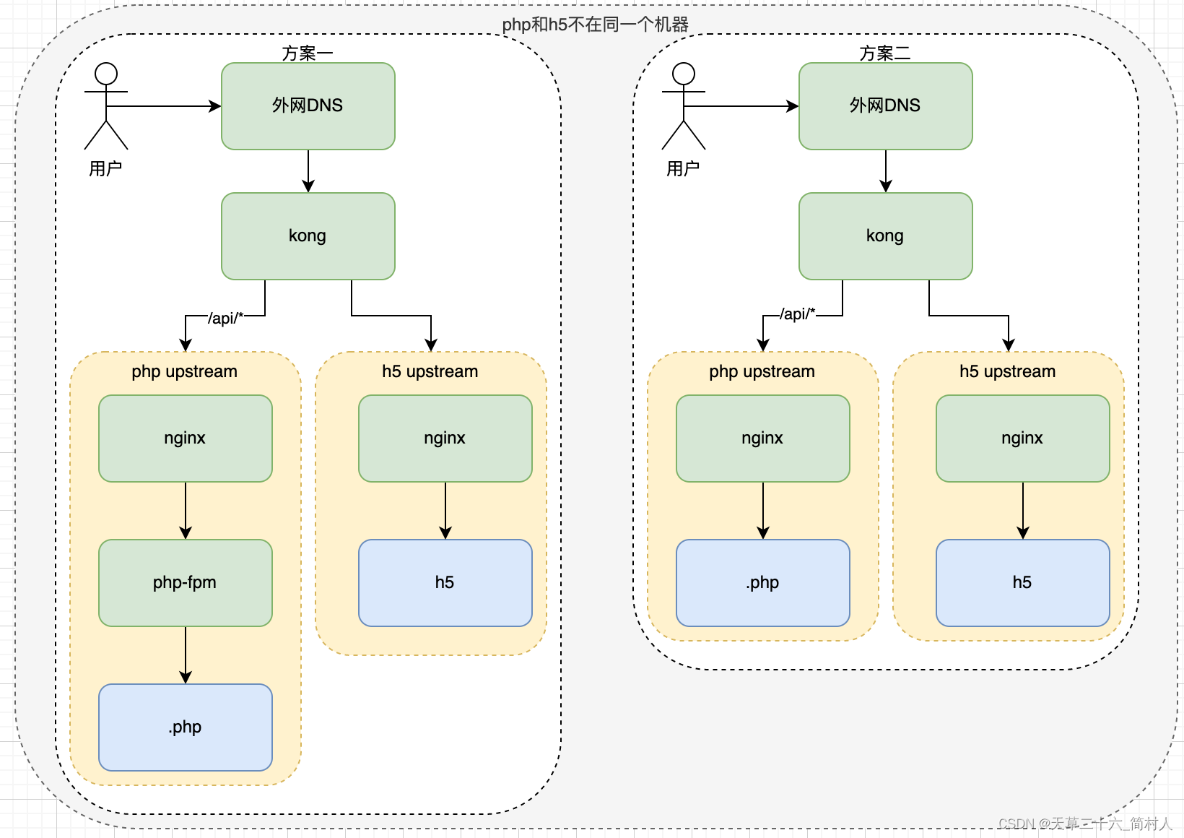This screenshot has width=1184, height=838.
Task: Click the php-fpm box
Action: (x=185, y=582)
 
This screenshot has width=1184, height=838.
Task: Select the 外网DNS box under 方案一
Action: (x=308, y=105)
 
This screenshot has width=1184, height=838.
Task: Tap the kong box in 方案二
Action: (x=885, y=236)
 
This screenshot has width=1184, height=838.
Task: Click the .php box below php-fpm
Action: (x=185, y=727)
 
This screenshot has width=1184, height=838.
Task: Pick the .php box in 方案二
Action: (x=762, y=582)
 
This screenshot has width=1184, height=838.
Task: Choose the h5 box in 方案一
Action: (x=445, y=582)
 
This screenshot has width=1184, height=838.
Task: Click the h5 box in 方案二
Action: (x=1022, y=582)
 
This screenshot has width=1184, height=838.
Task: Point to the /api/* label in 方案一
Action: (x=226, y=318)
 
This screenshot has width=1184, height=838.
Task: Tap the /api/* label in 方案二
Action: (x=798, y=314)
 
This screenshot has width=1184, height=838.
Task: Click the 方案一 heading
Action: (x=308, y=53)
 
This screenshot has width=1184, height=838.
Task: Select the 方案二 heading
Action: (x=885, y=53)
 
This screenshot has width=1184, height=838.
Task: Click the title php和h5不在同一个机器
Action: (x=595, y=25)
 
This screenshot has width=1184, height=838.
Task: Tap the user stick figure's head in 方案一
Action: (x=106, y=74)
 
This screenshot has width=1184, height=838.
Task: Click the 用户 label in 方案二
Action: (x=683, y=169)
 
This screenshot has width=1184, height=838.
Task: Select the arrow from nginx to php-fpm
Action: (x=186, y=510)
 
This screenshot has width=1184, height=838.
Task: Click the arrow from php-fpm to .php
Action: (x=186, y=655)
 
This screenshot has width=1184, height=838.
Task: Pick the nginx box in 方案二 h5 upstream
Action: (x=1022, y=438)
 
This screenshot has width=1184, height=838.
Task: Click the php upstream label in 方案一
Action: (x=184, y=371)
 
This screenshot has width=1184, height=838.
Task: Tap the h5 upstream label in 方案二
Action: (x=1007, y=371)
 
